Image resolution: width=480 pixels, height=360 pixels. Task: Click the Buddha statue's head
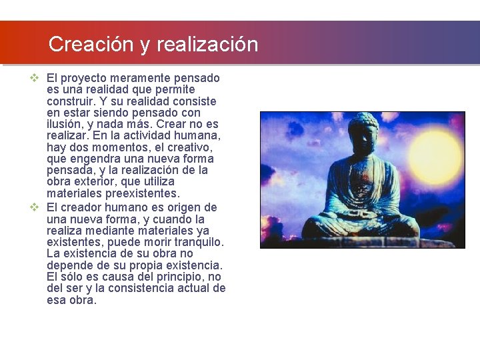click(363, 133)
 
